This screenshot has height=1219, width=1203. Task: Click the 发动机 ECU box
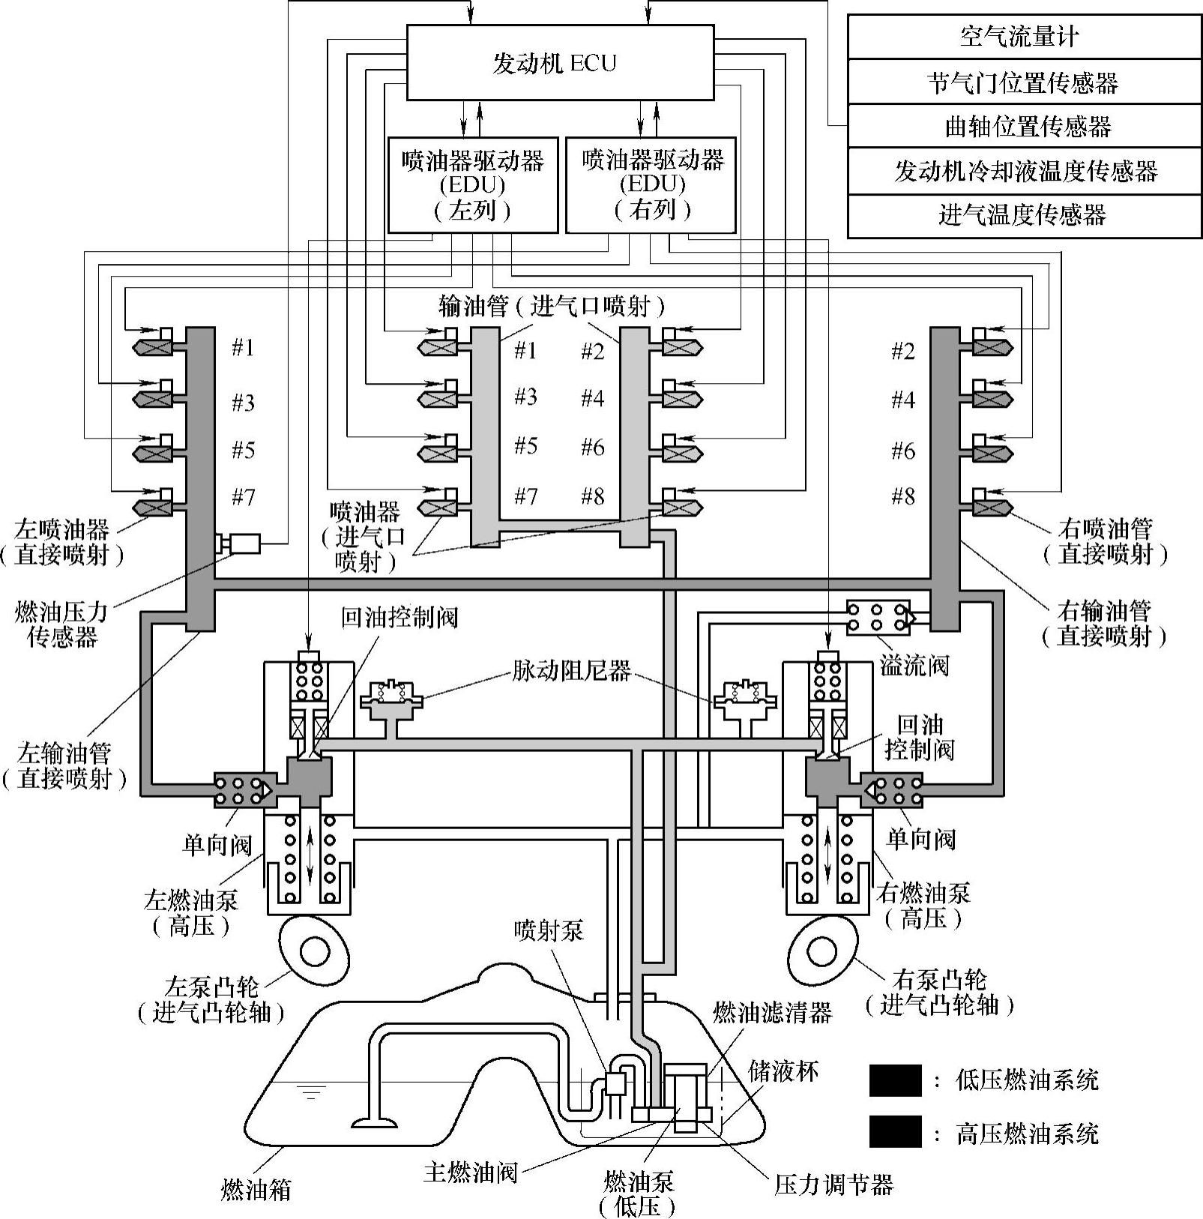(559, 62)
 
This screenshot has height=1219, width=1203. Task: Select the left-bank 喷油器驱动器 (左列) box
(472, 184)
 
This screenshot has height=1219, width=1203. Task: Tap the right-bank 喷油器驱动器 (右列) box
(651, 184)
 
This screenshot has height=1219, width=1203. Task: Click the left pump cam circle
(314, 951)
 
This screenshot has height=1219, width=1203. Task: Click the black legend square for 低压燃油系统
(895, 1080)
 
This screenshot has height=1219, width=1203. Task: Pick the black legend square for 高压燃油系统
(895, 1132)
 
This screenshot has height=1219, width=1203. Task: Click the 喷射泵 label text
(549, 931)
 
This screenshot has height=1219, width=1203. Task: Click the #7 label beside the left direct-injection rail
(243, 496)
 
